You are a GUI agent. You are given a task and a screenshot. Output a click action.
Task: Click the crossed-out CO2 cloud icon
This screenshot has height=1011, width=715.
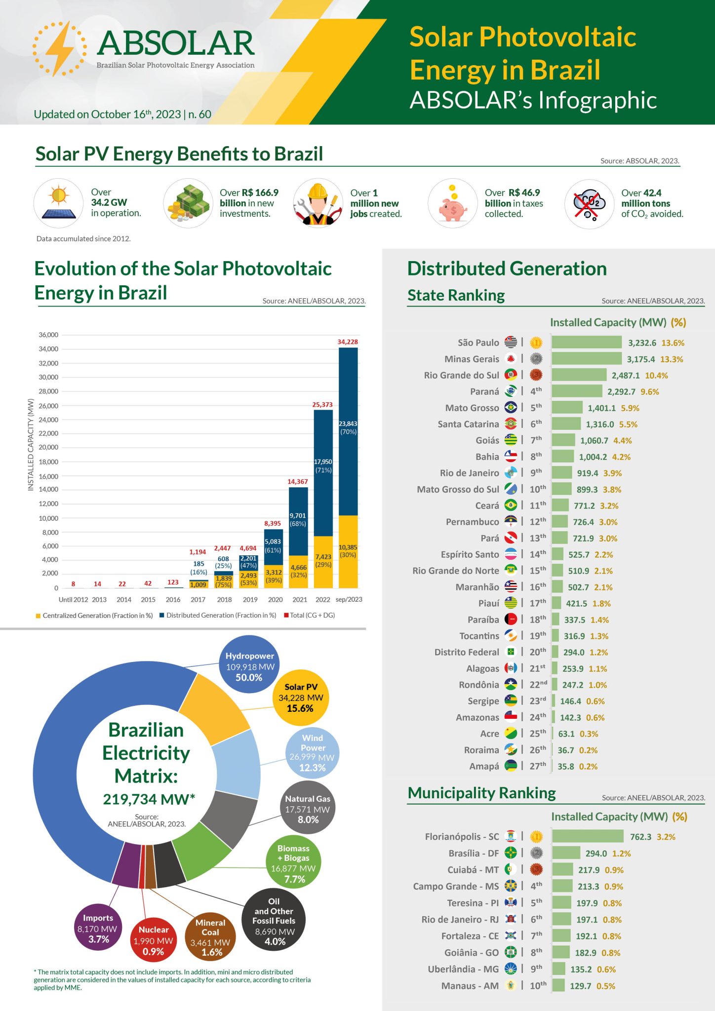pos(589,204)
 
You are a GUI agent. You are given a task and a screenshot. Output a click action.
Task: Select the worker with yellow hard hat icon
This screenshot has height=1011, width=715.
pos(318,204)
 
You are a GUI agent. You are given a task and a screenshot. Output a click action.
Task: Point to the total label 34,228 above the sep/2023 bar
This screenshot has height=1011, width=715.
pos(348,342)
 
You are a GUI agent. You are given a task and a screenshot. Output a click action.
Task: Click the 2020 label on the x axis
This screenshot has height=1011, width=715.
pos(275,599)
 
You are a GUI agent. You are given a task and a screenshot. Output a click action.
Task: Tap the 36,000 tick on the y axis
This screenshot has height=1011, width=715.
pos(48,335)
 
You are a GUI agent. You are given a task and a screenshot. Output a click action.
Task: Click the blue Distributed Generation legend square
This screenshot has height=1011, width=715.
pos(162,616)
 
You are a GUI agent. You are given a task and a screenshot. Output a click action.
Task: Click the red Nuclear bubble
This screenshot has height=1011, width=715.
pos(153,941)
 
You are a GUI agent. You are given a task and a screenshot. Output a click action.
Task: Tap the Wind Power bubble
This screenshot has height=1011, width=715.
pos(312,752)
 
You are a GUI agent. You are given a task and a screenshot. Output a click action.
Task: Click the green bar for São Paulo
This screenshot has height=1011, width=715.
pos(586,342)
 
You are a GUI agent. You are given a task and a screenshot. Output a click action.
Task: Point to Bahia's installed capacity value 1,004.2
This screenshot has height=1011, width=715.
pos(593,457)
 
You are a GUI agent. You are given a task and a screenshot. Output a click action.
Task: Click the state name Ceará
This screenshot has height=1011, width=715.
pos(487,505)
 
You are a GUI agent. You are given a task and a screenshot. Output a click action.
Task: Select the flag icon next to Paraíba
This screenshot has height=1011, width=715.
pos(511,620)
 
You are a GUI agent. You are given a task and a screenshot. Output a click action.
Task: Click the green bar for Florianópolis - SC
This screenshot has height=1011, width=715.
pos(588,836)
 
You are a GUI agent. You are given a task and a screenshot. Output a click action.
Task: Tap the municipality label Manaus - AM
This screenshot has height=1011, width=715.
pos(470,986)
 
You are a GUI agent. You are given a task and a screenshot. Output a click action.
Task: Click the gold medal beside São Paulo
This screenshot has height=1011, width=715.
pos(536,342)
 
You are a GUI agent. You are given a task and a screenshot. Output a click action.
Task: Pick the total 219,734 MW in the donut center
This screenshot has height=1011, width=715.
pos(149,799)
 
